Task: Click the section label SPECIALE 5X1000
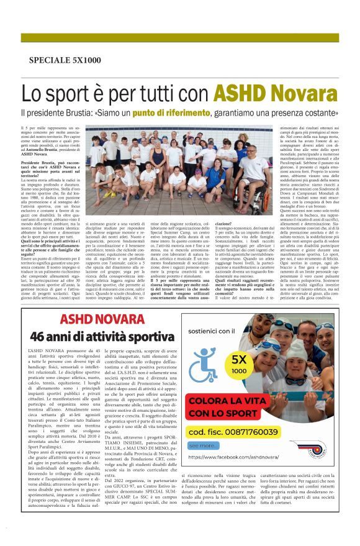65,60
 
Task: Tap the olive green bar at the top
180,37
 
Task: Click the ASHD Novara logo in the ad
317,448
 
